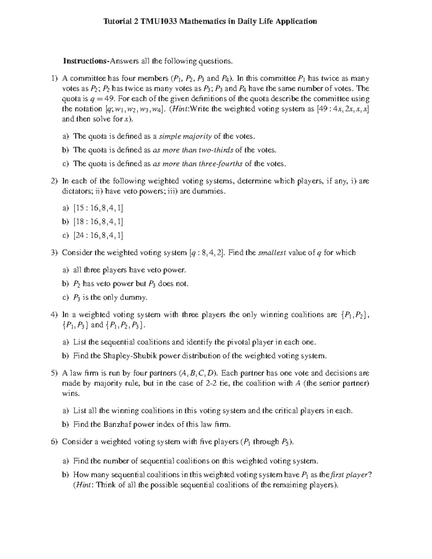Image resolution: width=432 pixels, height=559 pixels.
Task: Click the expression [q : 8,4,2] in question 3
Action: pyautogui.click(x=207, y=253)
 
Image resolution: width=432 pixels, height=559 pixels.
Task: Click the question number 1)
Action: pyautogui.click(x=54, y=78)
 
